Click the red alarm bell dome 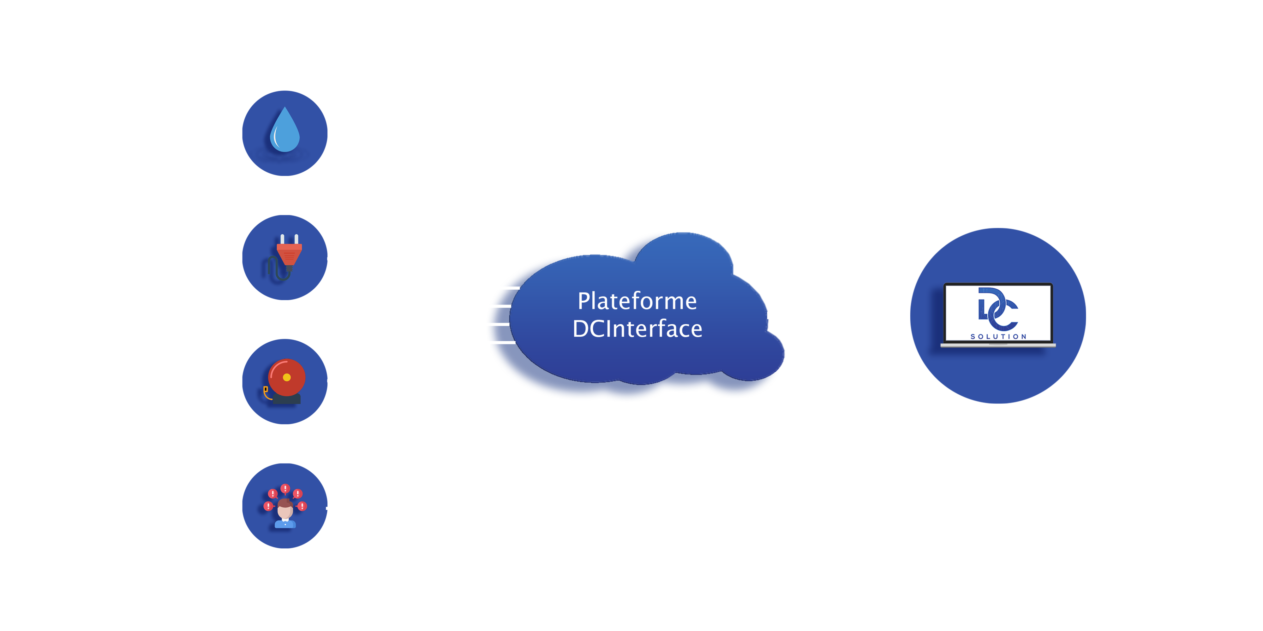coord(287,377)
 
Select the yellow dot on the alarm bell coord(287,377)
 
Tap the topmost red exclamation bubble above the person coord(285,488)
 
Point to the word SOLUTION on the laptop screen coord(998,337)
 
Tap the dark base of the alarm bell coord(286,399)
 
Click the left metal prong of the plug coord(282,239)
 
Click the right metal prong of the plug coord(296,239)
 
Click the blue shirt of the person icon coord(285,524)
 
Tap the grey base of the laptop coord(998,345)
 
